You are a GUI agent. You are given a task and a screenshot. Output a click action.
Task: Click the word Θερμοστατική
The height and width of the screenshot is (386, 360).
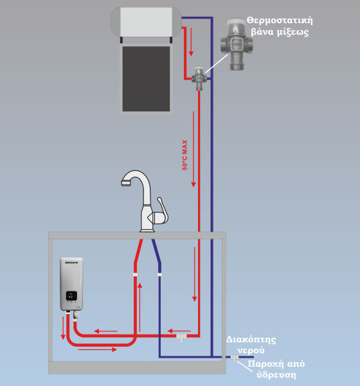[280, 20]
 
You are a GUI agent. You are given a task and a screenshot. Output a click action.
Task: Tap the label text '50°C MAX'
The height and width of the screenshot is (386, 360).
[184, 155]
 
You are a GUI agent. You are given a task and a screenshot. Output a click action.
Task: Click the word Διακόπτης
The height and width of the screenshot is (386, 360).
[251, 340]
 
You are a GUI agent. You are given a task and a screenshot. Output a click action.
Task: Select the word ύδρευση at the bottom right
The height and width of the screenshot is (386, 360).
[276, 375]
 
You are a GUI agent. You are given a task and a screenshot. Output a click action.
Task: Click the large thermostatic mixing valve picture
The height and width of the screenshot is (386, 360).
[237, 44]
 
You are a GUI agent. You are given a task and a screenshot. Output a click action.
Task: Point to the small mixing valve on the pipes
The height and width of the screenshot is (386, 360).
[199, 78]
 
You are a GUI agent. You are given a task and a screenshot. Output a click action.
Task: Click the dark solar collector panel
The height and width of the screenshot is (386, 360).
[146, 78]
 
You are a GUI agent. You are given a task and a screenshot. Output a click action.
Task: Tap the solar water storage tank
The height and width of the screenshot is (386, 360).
[146, 22]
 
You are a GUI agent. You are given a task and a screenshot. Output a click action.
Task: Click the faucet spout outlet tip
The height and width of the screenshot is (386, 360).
[125, 183]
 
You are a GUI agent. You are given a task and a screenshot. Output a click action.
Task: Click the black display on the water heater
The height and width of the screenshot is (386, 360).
[71, 296]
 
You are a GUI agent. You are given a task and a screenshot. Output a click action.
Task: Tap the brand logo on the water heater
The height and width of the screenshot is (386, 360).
[71, 263]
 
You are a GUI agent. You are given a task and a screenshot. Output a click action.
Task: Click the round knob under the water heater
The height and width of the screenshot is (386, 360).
[76, 315]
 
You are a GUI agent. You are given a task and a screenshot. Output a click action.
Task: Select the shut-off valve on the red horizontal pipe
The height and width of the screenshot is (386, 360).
[181, 337]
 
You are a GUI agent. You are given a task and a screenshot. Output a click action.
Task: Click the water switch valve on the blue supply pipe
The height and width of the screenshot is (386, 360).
[234, 358]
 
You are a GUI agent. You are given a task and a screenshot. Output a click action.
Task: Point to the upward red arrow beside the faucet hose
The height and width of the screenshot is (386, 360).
[139, 308]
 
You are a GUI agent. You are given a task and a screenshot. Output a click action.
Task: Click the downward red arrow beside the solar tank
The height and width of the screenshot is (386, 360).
[191, 42]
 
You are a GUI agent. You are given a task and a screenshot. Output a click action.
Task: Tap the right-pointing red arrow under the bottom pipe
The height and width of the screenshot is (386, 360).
[98, 349]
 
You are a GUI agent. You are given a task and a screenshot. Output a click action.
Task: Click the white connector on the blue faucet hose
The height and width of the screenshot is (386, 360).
[159, 274]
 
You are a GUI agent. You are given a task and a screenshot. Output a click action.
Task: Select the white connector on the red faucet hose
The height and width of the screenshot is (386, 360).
[135, 274]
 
